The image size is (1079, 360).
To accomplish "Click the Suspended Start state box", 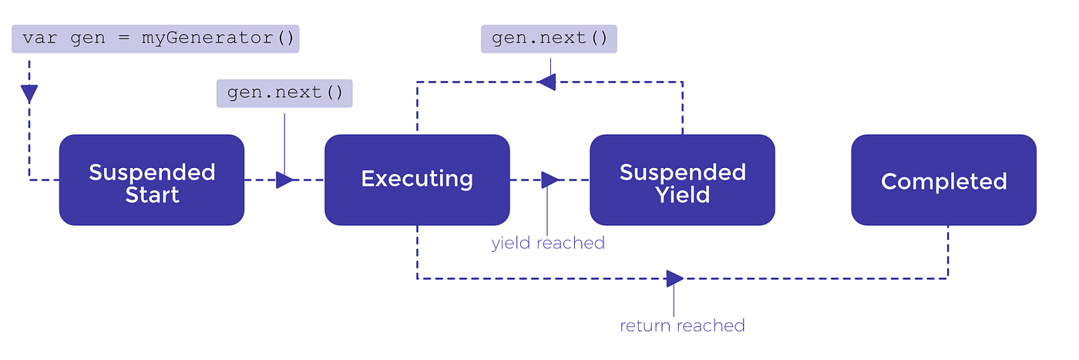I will coord(152,180).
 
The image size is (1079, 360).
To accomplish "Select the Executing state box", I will coord(417,180).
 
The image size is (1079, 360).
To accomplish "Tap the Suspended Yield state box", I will coord(682,180).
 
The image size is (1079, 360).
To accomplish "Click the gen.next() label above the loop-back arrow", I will coord(549,39).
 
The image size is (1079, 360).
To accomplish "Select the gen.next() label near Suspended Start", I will coord(284,93).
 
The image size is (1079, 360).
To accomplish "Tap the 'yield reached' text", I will coord(548,244).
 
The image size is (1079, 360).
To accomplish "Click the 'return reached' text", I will coord(682,325).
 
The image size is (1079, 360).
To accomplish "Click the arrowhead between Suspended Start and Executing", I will coord(284,180).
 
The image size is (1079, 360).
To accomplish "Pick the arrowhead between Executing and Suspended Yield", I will coord(550,180).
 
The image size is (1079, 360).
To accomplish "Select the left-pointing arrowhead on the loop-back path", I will coord(546,81).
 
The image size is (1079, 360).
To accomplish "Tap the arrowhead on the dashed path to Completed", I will coord(674,278).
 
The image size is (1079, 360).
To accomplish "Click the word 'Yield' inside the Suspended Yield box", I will coord(682,194).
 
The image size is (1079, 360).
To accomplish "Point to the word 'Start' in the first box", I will coord(152,194).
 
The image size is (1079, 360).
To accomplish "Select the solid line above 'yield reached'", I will coord(547,212).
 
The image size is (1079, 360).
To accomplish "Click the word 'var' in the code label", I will coord(39,39).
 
